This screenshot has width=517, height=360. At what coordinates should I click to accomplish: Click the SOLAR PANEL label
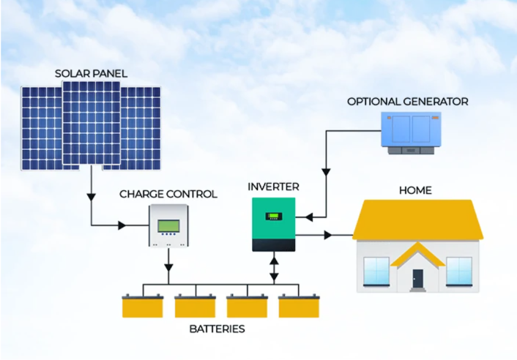click(x=91, y=73)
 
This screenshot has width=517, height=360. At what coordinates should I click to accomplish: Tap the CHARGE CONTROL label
click(x=168, y=194)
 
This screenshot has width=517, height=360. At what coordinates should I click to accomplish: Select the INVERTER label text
click(x=273, y=187)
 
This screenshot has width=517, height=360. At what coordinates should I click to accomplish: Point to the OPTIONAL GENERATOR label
click(x=408, y=102)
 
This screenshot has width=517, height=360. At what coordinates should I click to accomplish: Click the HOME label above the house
click(x=415, y=190)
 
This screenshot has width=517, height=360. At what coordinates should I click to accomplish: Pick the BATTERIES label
click(x=217, y=329)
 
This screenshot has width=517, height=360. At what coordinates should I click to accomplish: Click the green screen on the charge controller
click(x=169, y=226)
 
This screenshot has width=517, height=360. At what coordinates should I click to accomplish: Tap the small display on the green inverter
click(x=274, y=217)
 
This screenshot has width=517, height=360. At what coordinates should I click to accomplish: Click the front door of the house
click(x=417, y=278)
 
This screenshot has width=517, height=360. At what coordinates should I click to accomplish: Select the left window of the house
click(x=376, y=271)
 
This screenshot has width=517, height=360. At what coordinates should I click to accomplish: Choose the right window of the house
click(x=459, y=271)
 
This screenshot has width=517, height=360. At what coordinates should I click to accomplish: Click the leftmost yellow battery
click(x=143, y=307)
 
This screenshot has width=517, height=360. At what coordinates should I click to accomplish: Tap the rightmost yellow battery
click(x=299, y=307)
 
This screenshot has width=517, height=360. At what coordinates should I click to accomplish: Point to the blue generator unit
click(x=411, y=133)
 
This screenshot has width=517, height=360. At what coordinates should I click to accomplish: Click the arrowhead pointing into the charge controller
click(x=122, y=225)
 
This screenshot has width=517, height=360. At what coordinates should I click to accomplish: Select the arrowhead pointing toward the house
click(x=328, y=235)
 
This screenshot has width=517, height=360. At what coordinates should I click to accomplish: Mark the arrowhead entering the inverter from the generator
click(x=309, y=217)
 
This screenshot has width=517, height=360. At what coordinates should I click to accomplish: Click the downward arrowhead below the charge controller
click(x=168, y=267)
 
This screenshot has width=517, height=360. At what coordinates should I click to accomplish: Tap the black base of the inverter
click(x=274, y=245)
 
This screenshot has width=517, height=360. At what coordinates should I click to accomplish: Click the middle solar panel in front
click(x=92, y=123)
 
